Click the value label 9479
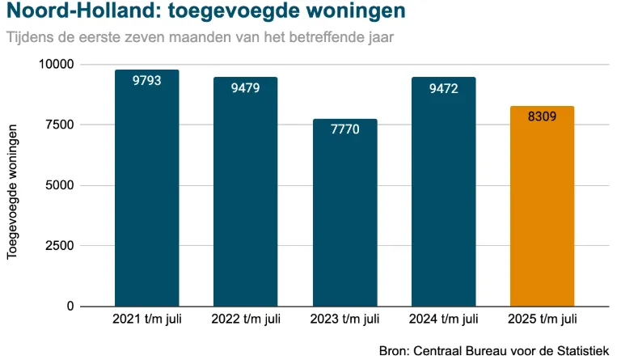pyautogui.click(x=246, y=88)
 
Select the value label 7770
pyautogui.click(x=344, y=129)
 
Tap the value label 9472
pyautogui.click(x=443, y=88)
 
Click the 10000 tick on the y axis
pyautogui.click(x=57, y=65)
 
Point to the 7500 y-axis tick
pyautogui.click(x=61, y=125)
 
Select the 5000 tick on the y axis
pyautogui.click(x=61, y=185)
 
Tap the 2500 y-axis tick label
pyautogui.click(x=61, y=246)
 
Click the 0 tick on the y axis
pyautogui.click(x=70, y=307)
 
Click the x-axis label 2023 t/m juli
pyautogui.click(x=344, y=319)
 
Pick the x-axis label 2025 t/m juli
pyautogui.click(x=542, y=319)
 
